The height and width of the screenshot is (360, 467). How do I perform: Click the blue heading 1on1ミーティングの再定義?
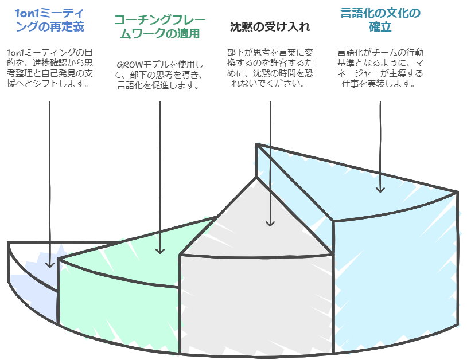coord(50,20)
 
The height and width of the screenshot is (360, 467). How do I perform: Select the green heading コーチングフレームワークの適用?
coord(160,27)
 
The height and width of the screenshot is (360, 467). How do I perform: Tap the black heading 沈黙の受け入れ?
coord(270,27)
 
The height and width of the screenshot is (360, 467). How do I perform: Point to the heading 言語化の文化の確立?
coord(380,20)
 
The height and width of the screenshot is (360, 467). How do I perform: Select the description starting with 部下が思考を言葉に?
coord(270,68)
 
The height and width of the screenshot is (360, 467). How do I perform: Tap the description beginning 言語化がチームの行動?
coord(380,68)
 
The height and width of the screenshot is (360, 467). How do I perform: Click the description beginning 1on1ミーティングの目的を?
coord(50,68)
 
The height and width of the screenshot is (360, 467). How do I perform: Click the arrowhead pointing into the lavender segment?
coord(50,264)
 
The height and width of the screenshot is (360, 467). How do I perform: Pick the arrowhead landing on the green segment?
coord(160,251)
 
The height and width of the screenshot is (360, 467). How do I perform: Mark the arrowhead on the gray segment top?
coord(270,223)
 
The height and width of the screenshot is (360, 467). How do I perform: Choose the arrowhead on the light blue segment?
coord(380,189)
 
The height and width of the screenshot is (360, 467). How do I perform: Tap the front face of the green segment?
coord(119,307)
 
